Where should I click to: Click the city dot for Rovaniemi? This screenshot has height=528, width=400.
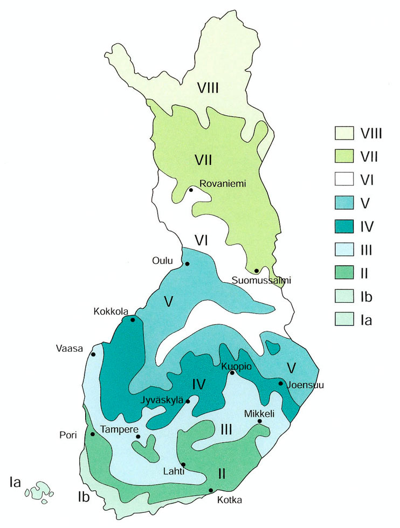pyautogui.click(x=191, y=190)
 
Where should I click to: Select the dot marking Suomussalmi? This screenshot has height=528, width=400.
pyautogui.click(x=257, y=270)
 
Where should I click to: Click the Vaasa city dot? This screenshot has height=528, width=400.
pyautogui.click(x=93, y=354)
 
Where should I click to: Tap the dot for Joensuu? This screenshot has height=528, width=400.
pyautogui.click(x=280, y=383)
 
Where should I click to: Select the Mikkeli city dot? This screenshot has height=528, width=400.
pyautogui.click(x=259, y=421)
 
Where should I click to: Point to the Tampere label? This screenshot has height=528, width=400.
pyautogui.click(x=117, y=429)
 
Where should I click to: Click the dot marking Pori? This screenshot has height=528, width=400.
pyautogui.click(x=93, y=434)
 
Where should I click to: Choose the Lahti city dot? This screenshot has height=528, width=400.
pyautogui.click(x=183, y=464)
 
